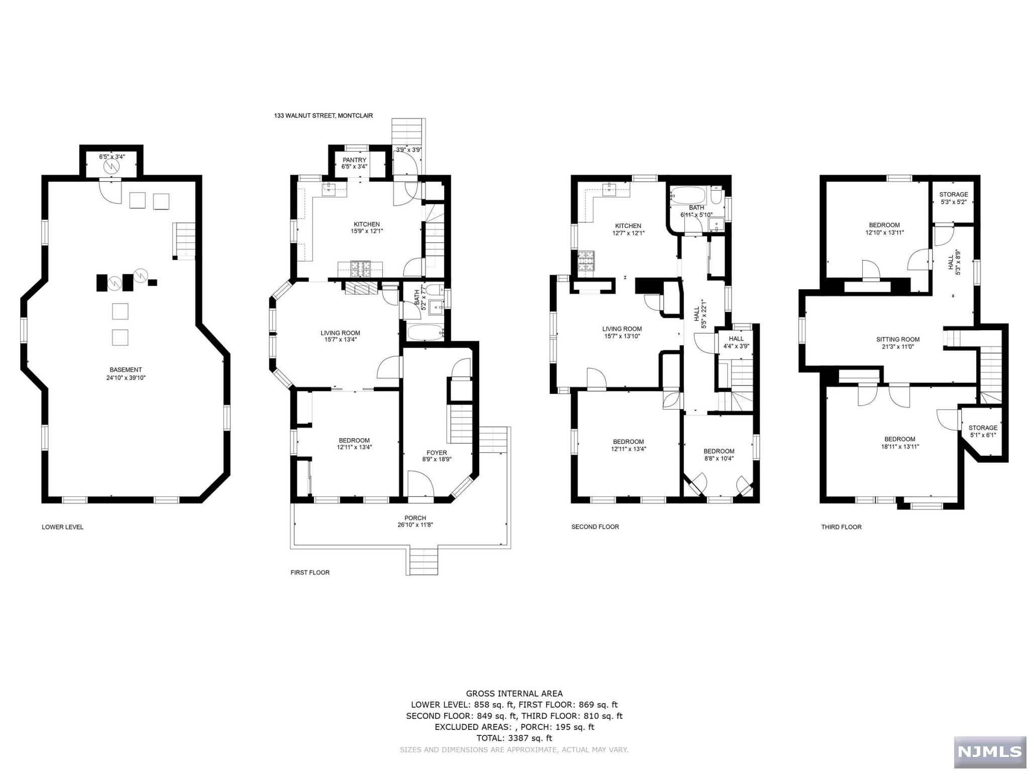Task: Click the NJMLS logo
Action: pyautogui.click(x=989, y=751)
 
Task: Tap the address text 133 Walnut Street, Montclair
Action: pyautogui.click(x=323, y=115)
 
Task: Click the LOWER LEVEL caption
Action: pyautogui.click(x=62, y=527)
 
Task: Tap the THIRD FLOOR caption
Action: pyautogui.click(x=841, y=527)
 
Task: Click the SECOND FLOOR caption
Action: pyautogui.click(x=595, y=527)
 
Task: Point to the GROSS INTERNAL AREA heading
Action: pyautogui.click(x=514, y=694)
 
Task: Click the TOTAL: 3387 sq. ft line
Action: pyautogui.click(x=514, y=738)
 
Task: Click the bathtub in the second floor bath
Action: pyautogui.click(x=689, y=194)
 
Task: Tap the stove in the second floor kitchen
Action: pyautogui.click(x=585, y=261)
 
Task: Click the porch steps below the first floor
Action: pyautogui.click(x=422, y=561)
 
